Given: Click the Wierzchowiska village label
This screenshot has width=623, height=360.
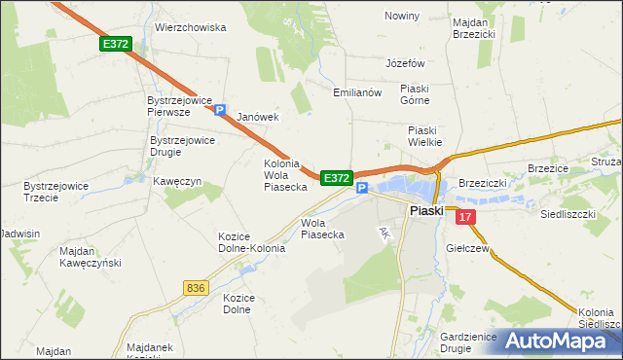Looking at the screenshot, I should click(x=191, y=28).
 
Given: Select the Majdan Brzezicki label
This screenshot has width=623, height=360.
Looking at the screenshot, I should click(x=474, y=26).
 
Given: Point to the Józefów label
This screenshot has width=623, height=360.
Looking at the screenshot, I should click(x=407, y=62).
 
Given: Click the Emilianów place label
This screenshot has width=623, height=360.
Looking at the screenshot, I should click(x=356, y=92).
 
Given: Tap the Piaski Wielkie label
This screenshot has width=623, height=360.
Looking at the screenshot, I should click(x=424, y=136).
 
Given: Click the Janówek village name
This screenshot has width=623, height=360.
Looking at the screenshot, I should click(x=258, y=117).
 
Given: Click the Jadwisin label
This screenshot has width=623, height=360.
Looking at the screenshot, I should click(x=20, y=234).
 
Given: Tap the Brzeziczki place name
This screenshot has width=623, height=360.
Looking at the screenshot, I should click(x=485, y=182).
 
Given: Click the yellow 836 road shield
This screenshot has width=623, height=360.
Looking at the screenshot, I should click(x=195, y=288).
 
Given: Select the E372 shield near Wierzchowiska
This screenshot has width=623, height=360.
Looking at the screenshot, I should click(x=115, y=45).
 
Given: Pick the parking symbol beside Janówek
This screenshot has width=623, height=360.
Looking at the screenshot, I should click(x=221, y=111).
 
